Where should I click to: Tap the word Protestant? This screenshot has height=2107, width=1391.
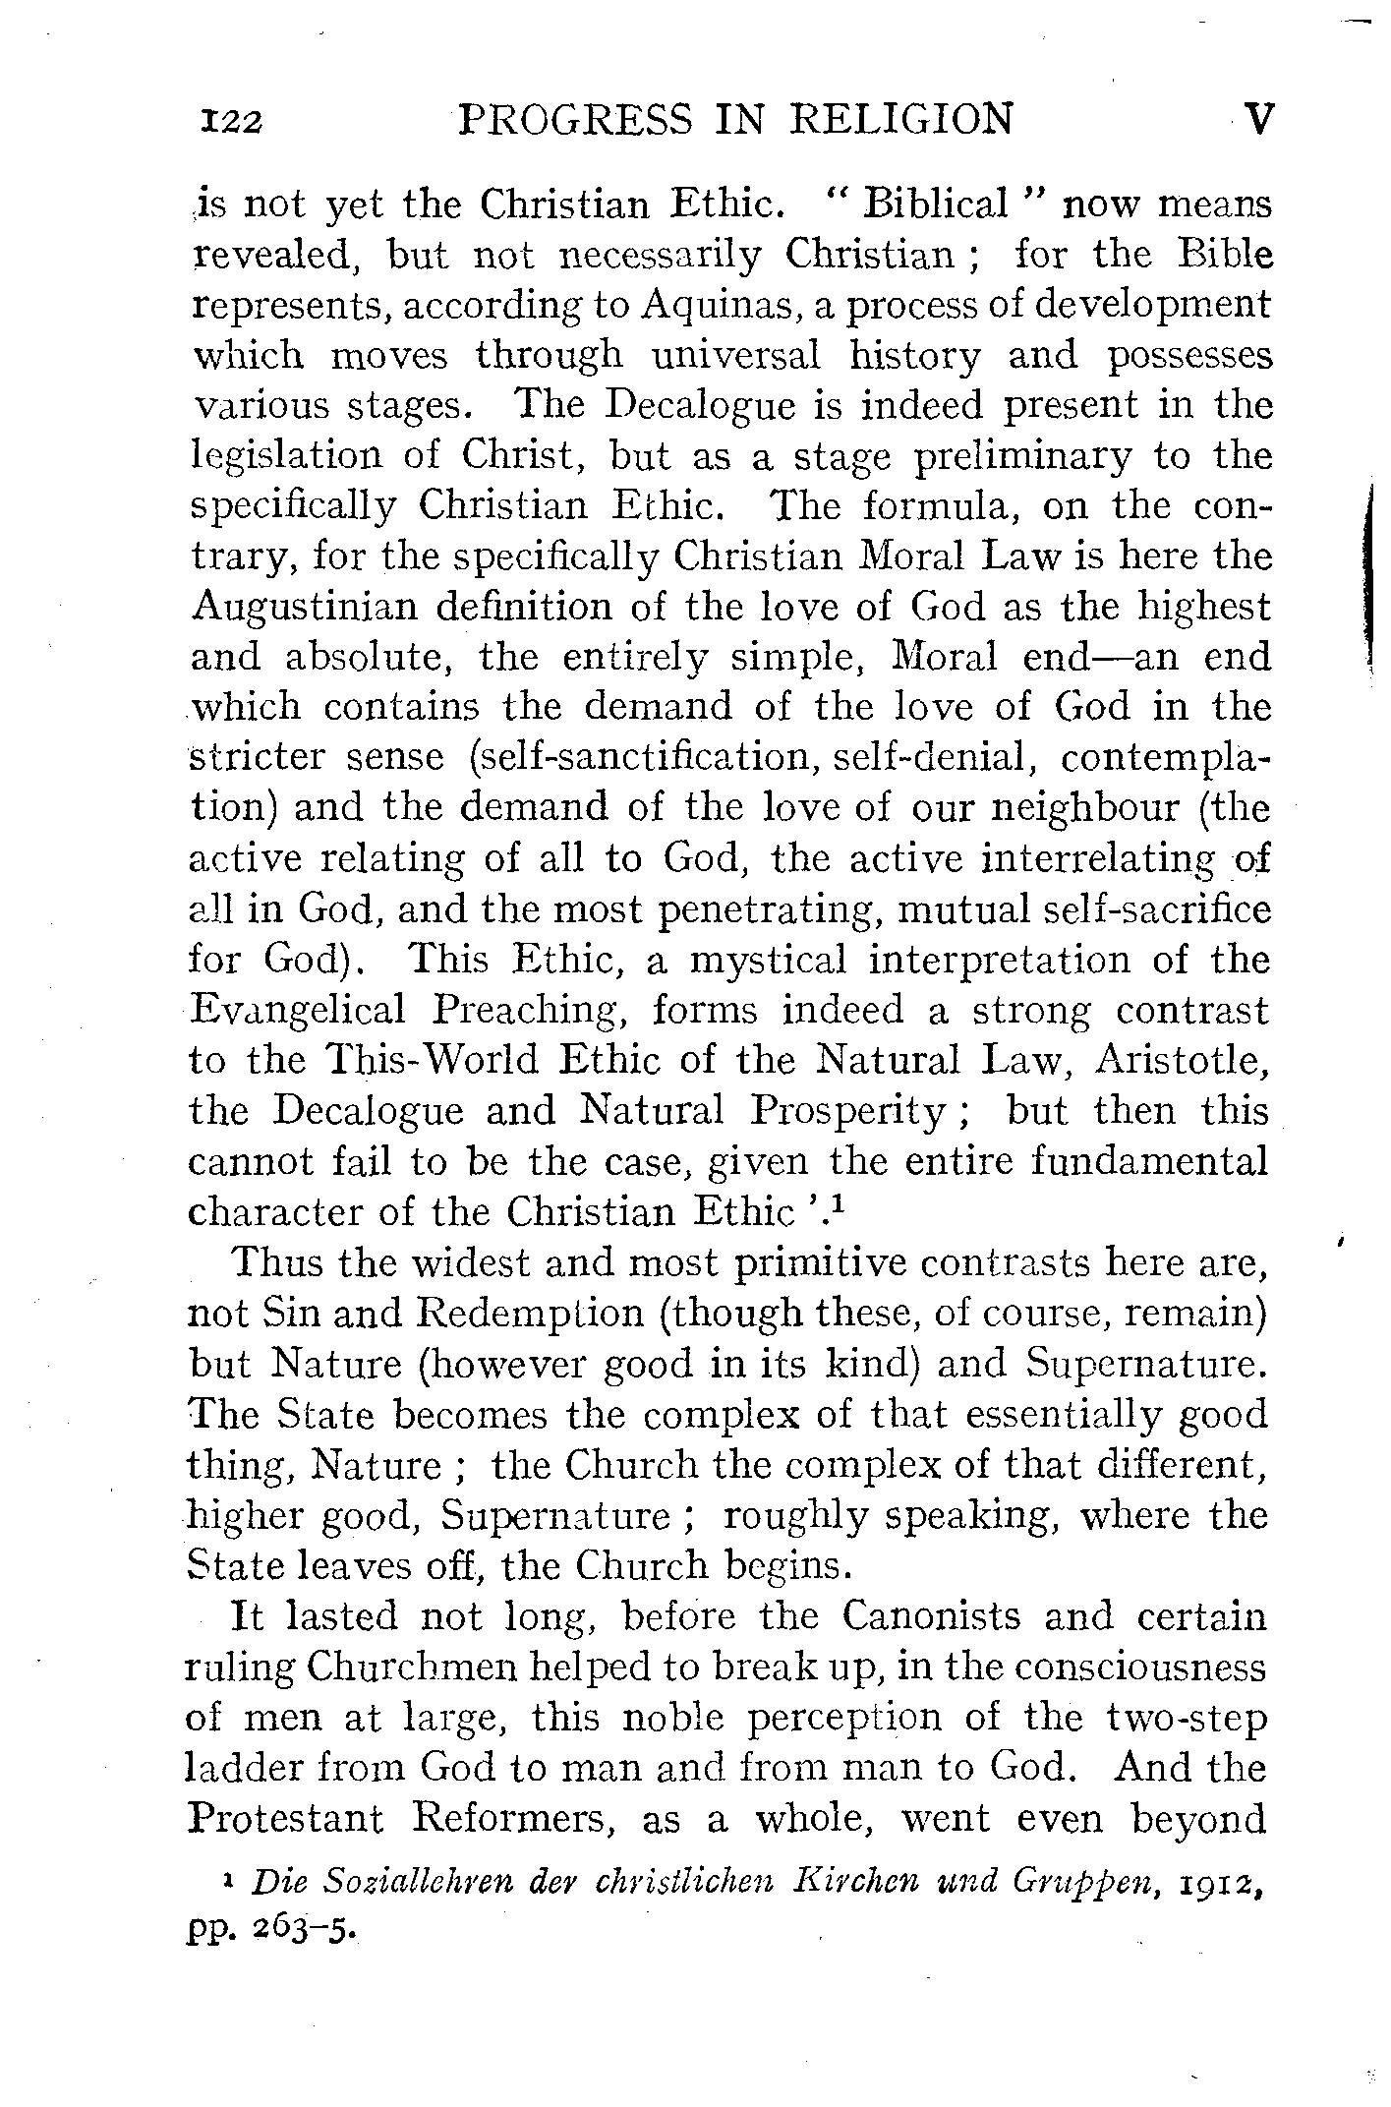tap(285, 1819)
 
